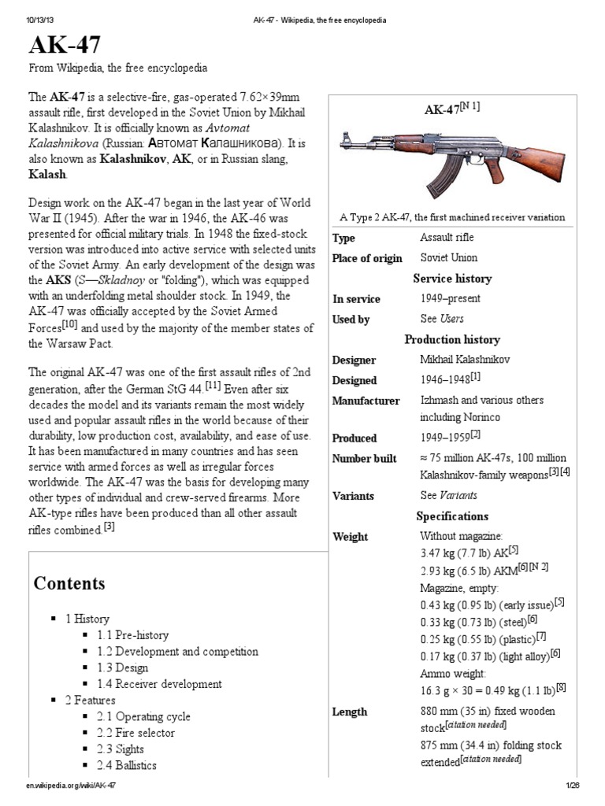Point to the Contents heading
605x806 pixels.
pos(69,583)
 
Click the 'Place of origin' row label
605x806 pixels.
pos(367,258)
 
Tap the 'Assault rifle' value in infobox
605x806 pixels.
pos(447,238)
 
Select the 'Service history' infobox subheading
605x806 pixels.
pos(452,279)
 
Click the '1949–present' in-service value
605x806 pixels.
pos(450,299)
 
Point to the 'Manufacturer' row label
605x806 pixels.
pos(366,401)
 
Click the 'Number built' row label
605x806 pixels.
pos(364,459)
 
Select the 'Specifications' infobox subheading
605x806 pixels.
pos(452,516)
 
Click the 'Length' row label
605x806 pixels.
pos(350,712)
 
